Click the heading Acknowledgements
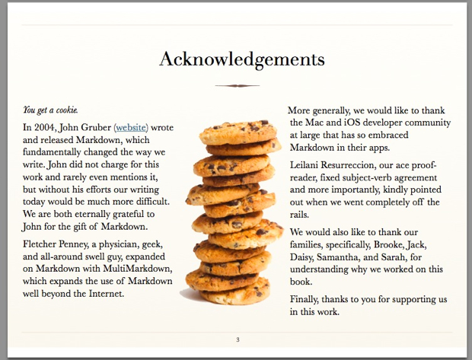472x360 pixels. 241,59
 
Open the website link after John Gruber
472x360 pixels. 131,126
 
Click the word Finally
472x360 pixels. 307,298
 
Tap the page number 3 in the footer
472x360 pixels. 237,339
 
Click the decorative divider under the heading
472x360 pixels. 237,85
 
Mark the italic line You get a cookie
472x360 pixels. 50,110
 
